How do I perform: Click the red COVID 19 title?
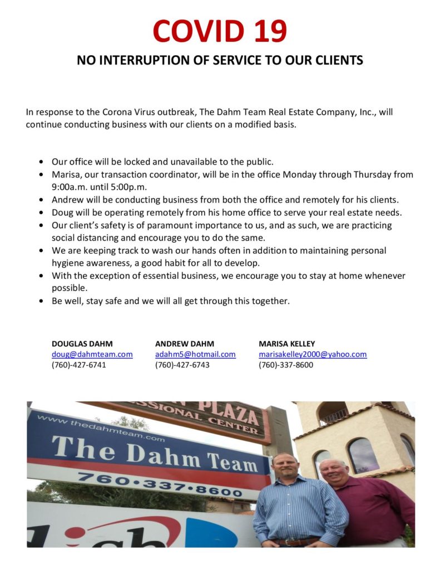point(220,31)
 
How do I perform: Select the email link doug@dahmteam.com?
point(92,354)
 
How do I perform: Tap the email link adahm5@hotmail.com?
point(195,354)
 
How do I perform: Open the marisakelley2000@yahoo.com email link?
point(313,354)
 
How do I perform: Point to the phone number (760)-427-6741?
point(78,365)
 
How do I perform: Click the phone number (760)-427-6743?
point(182,365)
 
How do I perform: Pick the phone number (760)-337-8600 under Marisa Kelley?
point(285,365)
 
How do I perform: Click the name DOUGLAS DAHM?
point(82,343)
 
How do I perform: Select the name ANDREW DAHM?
point(184,343)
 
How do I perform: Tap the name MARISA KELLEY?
point(286,343)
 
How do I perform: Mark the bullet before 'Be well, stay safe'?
point(42,302)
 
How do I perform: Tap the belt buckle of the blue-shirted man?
point(289,540)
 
